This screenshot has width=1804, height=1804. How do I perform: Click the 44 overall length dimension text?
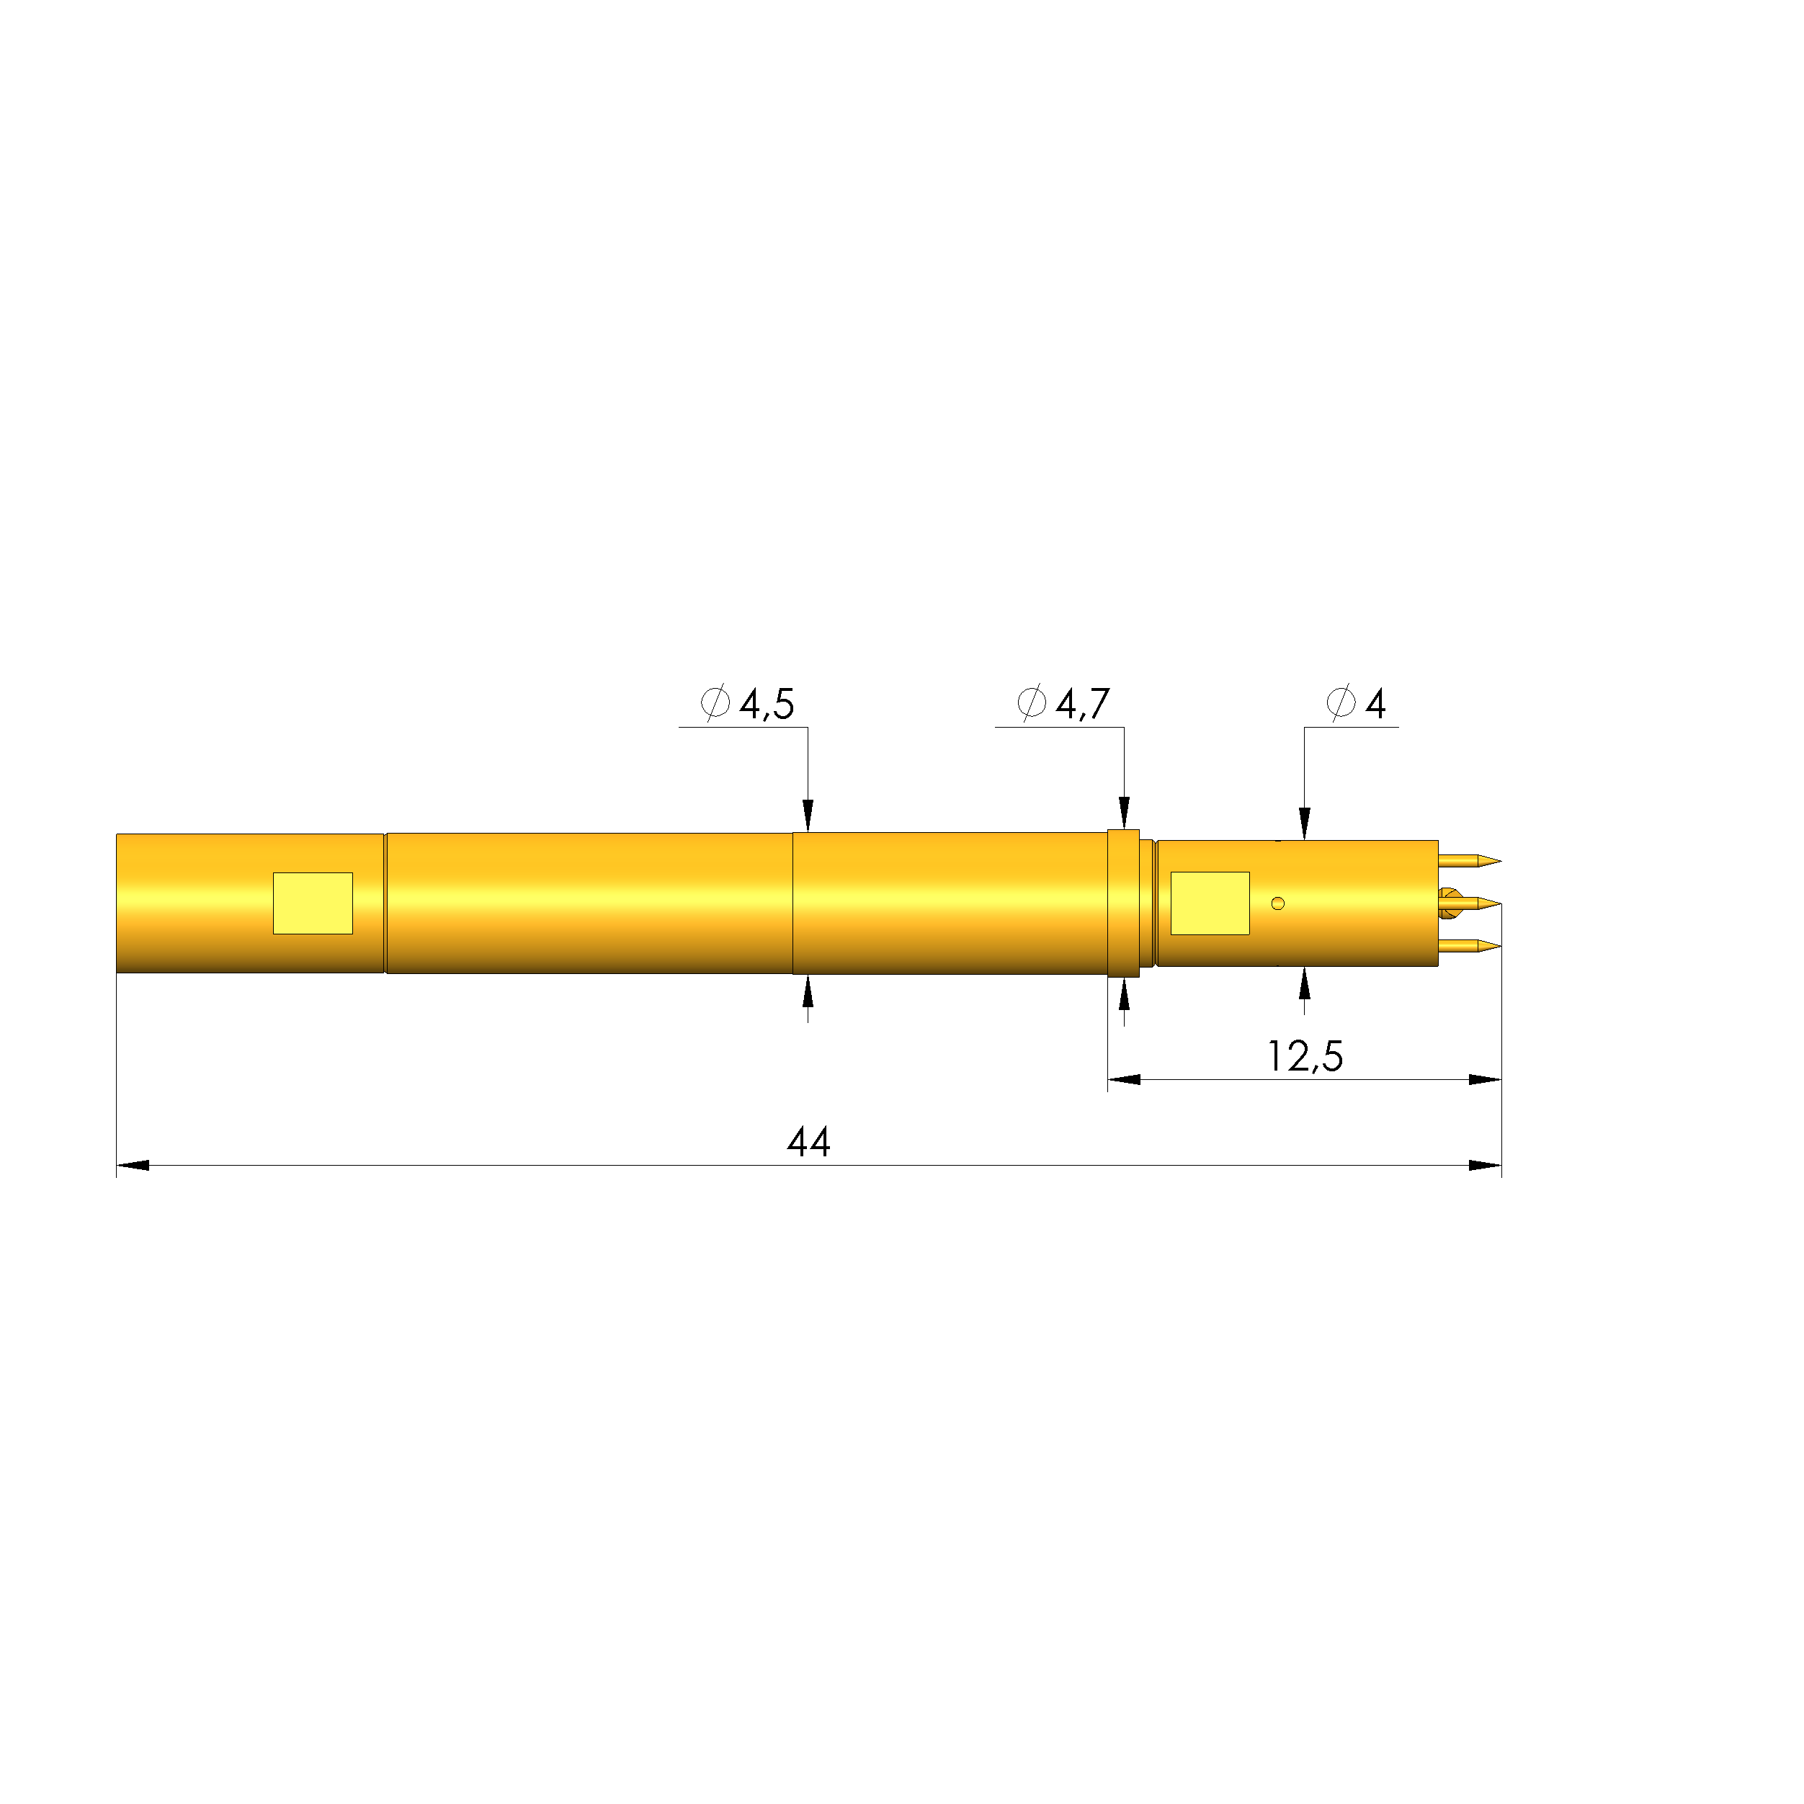point(808,1142)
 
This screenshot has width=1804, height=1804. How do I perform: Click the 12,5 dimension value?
point(1305,1056)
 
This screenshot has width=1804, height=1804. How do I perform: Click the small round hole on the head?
point(1278,903)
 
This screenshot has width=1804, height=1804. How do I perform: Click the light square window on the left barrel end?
point(313,903)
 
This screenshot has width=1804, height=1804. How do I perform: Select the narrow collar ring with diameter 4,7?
point(1123,903)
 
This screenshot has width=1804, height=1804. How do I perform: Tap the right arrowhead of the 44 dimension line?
point(1485,1165)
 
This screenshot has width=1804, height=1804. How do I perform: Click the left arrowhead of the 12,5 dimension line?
point(1124,1079)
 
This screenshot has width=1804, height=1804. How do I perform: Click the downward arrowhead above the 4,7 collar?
point(1124,813)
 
